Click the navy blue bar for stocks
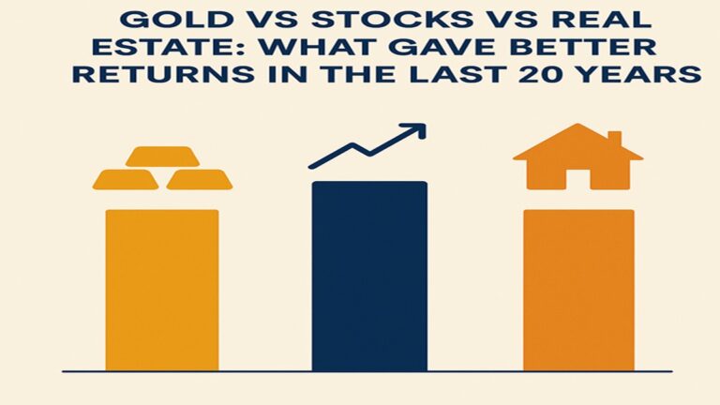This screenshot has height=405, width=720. tap(369, 276)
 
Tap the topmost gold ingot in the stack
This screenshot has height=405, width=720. tap(163, 157)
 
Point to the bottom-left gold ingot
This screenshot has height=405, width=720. tap(126, 179)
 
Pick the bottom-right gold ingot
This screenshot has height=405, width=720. tap(199, 179)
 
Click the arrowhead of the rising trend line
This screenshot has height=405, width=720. tap(416, 131)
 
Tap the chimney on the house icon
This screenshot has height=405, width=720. tap(614, 140)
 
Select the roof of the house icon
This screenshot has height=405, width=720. tap(577, 144)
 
